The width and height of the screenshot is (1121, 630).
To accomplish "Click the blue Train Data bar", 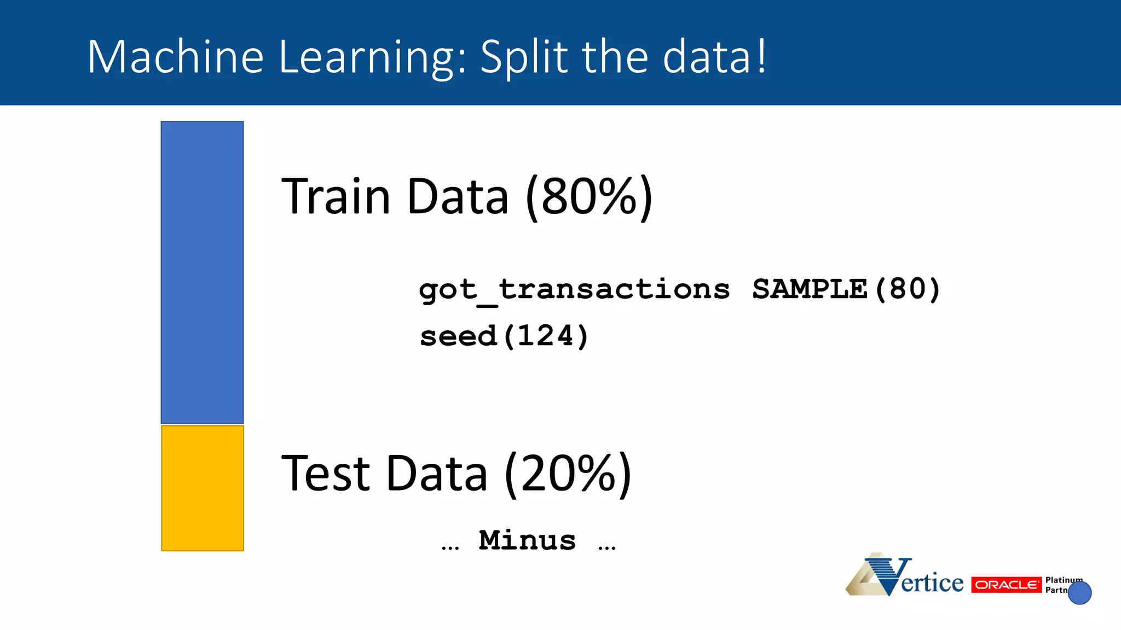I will tap(202, 272).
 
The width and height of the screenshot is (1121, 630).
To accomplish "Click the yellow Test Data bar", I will tap(202, 488).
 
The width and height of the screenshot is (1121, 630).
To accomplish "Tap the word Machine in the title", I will tap(175, 57).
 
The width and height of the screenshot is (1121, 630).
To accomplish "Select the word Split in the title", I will tap(524, 57).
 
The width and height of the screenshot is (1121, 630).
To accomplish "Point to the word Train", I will tap(335, 196).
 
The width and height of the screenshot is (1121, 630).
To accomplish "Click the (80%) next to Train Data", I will tap(589, 196).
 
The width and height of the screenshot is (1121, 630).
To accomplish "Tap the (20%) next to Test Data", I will tap(568, 473).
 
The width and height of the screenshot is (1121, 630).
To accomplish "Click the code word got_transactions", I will tap(574, 289).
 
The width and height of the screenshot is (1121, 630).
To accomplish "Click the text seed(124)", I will tap(504, 336).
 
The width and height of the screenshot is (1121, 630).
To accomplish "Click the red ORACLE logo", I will tap(1006, 585).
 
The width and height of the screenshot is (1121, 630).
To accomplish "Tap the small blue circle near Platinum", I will tap(1079, 593).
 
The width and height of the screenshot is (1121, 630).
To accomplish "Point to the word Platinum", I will tap(1062, 580).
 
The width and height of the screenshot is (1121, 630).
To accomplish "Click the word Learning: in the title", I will tap(372, 57).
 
